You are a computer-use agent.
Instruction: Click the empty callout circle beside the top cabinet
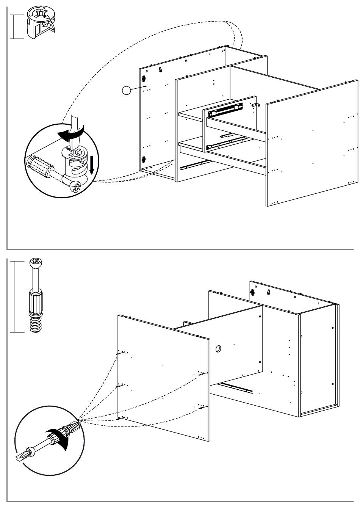pos(126,90)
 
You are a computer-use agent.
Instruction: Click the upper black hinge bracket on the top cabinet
pos(144,78)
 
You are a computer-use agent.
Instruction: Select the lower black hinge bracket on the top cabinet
pos(144,159)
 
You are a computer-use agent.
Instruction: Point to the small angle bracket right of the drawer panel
pos(256,105)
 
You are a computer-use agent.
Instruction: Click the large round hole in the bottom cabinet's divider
pos(219,349)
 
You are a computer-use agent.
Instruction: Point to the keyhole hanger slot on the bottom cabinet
pos(268,292)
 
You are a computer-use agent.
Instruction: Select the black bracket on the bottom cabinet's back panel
pos(252,292)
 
